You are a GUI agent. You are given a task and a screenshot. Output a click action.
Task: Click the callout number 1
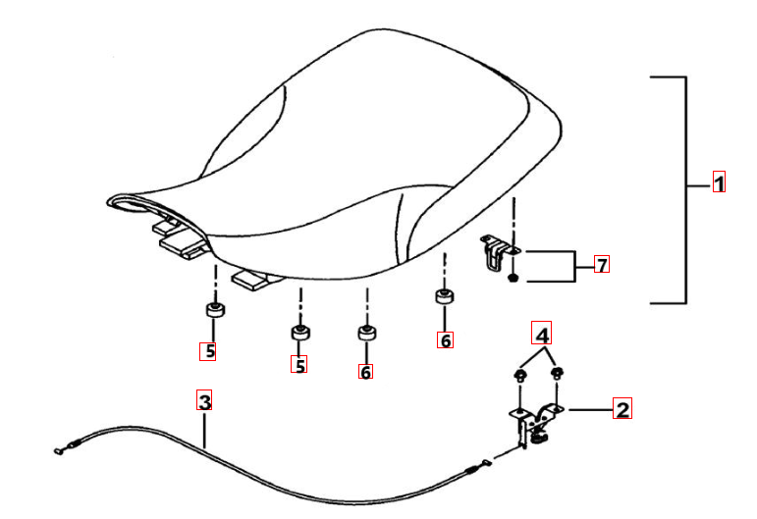(x=719, y=182)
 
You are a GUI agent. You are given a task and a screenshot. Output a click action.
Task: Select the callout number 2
(x=622, y=408)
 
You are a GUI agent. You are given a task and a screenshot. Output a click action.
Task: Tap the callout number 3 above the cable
(x=204, y=400)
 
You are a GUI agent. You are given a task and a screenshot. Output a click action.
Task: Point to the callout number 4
(x=542, y=333)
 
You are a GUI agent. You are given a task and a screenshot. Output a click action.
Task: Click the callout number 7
(x=602, y=264)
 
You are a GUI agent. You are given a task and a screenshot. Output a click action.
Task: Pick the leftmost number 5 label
(x=207, y=351)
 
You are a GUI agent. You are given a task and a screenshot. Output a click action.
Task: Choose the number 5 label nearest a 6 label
(x=298, y=364)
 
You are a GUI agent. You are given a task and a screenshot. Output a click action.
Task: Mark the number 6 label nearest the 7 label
(x=445, y=339)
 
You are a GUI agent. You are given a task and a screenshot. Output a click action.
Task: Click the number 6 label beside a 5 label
(x=365, y=371)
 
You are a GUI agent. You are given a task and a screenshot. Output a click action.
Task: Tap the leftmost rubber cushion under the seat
(x=215, y=309)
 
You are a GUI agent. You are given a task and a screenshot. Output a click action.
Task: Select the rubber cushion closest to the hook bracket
(x=444, y=295)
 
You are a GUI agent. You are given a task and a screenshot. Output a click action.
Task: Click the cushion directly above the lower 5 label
(x=300, y=333)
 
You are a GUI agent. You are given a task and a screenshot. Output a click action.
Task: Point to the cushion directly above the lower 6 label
(x=367, y=333)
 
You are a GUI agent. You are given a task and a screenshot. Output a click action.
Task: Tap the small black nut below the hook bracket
(x=514, y=278)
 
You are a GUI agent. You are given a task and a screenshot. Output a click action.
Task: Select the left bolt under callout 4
(x=520, y=375)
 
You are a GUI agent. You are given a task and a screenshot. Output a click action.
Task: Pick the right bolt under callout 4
(x=557, y=373)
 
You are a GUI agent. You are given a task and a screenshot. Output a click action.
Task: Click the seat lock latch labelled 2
(x=535, y=423)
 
